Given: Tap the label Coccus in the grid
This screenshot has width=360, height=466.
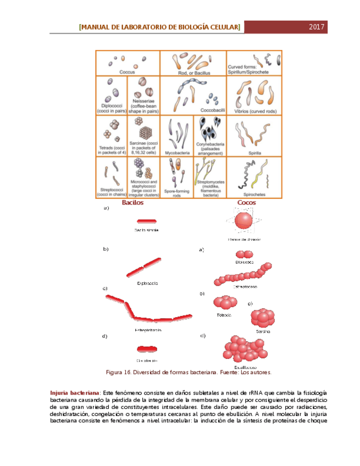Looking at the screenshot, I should (x=128, y=71).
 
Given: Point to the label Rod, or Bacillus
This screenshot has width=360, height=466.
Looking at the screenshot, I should (x=192, y=71).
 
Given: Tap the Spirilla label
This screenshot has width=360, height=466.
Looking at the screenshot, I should (x=254, y=153).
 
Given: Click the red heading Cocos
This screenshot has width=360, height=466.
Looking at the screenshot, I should (x=246, y=203).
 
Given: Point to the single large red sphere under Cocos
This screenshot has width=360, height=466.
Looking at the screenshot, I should (x=245, y=221).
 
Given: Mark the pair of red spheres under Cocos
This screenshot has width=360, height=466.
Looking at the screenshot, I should (x=243, y=254).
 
